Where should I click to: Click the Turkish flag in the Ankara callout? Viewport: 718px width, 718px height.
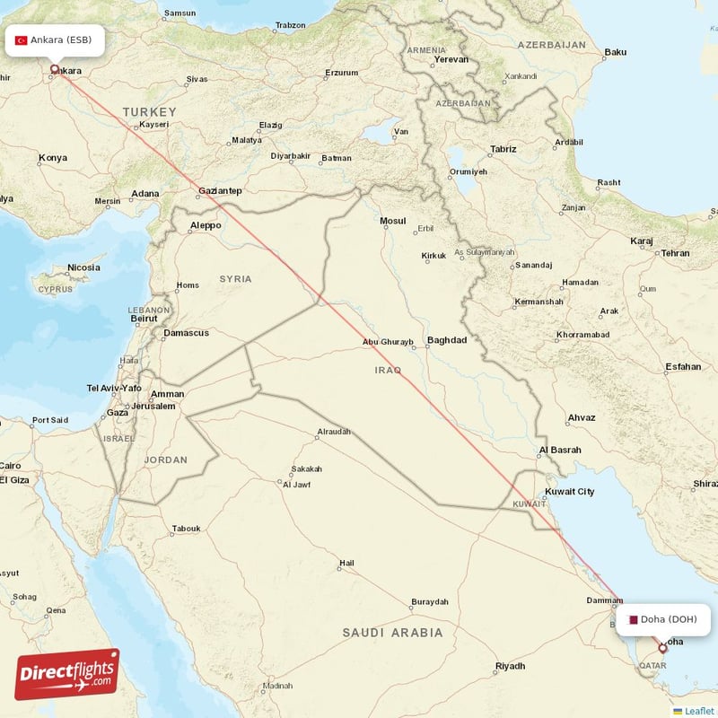click(x=22, y=40)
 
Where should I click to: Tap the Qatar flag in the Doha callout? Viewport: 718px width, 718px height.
click(x=633, y=619)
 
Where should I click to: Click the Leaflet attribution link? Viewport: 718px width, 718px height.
click(x=698, y=711)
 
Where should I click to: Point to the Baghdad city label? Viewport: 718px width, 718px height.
click(x=447, y=340)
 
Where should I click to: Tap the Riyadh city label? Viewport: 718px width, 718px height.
click(x=510, y=666)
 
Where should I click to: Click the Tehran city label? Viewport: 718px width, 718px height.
click(x=675, y=253)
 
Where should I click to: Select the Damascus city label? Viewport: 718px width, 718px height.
click(x=186, y=333)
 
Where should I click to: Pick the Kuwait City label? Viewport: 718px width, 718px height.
click(x=570, y=492)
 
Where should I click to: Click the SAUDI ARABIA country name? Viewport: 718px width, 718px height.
click(x=392, y=633)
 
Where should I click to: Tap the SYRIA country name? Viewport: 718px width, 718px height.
click(x=236, y=279)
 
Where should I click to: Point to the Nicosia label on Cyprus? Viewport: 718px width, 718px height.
click(x=83, y=267)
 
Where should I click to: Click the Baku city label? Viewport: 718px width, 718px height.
click(x=615, y=52)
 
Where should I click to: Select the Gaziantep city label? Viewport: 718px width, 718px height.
click(x=220, y=191)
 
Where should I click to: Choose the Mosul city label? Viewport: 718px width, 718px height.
click(x=393, y=221)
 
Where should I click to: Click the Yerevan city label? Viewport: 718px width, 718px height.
click(x=451, y=59)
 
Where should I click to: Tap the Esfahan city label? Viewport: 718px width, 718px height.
click(x=683, y=366)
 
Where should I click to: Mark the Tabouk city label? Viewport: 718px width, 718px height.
click(x=187, y=529)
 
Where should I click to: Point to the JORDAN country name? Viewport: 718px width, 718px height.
click(x=166, y=460)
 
